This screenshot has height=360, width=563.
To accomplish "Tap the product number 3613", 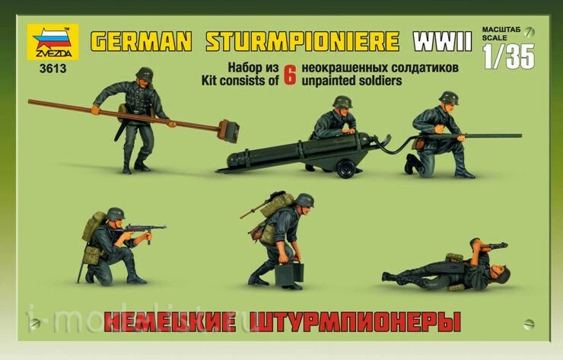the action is (x=53, y=68).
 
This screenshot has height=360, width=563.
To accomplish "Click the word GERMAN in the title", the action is (x=141, y=42).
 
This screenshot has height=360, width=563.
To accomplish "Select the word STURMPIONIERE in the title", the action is (x=303, y=42).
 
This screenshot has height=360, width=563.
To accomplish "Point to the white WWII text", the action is (x=442, y=42).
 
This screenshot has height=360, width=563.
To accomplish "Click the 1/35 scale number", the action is (x=509, y=56).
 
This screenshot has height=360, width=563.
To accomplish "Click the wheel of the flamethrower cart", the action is (x=345, y=168).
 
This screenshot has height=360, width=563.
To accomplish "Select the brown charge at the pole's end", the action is (x=227, y=131).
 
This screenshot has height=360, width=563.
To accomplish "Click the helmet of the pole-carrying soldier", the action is (x=145, y=74).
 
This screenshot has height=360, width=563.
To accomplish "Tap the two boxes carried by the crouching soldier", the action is (x=289, y=274).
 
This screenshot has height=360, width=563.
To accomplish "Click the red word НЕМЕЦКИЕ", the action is (x=172, y=321).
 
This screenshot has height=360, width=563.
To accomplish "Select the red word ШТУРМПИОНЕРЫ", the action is (x=358, y=321).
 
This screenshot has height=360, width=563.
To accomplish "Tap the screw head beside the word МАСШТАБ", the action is (x=529, y=32).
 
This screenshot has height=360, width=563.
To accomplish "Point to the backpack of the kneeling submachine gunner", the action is (x=93, y=226).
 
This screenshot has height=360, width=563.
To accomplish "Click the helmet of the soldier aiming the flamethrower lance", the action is (x=449, y=97).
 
